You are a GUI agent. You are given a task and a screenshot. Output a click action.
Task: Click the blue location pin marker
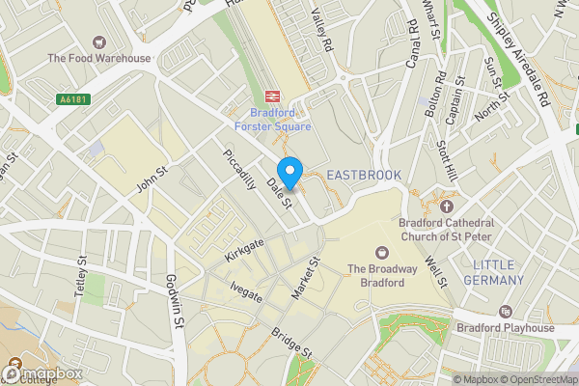[x=289, y=168]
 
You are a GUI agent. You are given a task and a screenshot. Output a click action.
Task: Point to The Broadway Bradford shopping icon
[x=381, y=252]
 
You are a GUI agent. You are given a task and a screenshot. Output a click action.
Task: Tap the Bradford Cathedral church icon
[x=445, y=206]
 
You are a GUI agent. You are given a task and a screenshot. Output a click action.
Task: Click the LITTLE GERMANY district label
[x=499, y=272]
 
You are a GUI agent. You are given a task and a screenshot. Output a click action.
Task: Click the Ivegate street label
[x=247, y=290]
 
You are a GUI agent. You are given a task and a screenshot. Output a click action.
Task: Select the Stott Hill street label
[x=447, y=161]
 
